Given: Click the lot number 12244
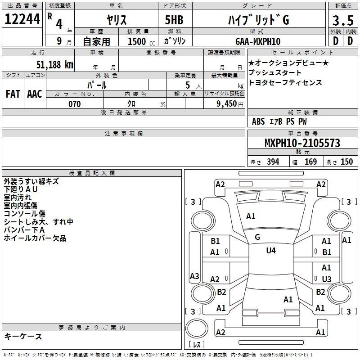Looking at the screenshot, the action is click(22, 19).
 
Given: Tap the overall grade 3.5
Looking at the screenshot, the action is click(343, 20).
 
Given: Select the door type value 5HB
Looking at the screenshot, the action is click(174, 20).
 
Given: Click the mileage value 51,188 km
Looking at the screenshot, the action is click(55, 65).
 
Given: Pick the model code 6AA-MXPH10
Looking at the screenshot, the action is click(258, 41).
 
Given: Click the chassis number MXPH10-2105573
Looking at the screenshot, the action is click(302, 143).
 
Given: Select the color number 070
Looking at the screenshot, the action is click(75, 104).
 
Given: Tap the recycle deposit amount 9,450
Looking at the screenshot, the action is click(227, 104).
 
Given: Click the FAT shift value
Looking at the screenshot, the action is click(13, 94).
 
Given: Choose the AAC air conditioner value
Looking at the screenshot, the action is click(35, 94).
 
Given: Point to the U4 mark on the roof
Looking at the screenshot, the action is click(271, 250).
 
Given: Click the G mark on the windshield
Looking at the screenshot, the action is click(257, 237).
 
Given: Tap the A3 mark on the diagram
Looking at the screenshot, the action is click(194, 276).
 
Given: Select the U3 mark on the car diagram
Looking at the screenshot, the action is click(327, 279).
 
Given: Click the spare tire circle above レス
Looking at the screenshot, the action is click(197, 328).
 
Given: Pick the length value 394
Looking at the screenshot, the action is click(273, 162).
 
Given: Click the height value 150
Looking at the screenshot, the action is click(346, 162).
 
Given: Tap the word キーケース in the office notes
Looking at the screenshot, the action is click(23, 336).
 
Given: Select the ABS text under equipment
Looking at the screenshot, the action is click(258, 121).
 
